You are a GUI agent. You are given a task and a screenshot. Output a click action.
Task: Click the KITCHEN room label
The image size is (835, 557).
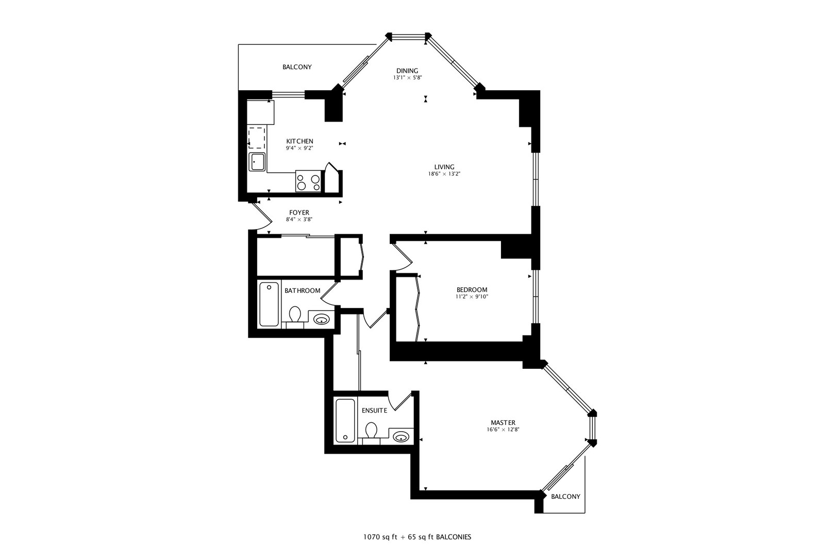tap(299, 141)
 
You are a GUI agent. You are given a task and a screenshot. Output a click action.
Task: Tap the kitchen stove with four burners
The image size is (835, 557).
tap(308, 181)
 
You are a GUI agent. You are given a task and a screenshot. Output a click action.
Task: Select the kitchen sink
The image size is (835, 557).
tap(257, 162)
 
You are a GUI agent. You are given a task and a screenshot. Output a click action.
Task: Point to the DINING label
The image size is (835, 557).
tap(407, 71)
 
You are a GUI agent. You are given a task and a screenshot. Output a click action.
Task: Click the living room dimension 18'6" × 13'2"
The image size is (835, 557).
tap(444, 174)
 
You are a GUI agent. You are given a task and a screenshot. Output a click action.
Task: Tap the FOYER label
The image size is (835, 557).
tap(299, 212)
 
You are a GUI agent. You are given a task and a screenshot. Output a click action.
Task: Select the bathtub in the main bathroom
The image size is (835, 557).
tap(269, 304)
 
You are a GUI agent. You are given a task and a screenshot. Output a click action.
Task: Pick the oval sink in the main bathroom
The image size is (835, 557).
tap(321, 319)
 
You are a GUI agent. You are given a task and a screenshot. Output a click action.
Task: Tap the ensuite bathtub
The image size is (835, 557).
tap(345, 421)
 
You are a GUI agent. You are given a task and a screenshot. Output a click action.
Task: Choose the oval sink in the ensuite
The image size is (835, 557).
tap(401, 436)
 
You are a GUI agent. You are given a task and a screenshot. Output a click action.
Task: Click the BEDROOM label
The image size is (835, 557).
tap(472, 290)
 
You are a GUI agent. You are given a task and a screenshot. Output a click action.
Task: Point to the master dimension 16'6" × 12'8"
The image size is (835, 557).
tap(503, 430)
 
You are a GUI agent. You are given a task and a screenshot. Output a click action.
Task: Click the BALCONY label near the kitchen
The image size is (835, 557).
tap(297, 67)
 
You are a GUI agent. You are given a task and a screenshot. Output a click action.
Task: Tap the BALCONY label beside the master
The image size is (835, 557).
tap(565, 497)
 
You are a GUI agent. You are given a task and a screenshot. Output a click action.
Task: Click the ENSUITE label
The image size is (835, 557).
tap(374, 411)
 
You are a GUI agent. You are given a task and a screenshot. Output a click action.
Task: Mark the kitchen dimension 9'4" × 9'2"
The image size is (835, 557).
tap(299, 148)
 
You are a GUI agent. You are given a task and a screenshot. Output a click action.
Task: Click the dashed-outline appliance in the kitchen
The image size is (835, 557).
tap(257, 138)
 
